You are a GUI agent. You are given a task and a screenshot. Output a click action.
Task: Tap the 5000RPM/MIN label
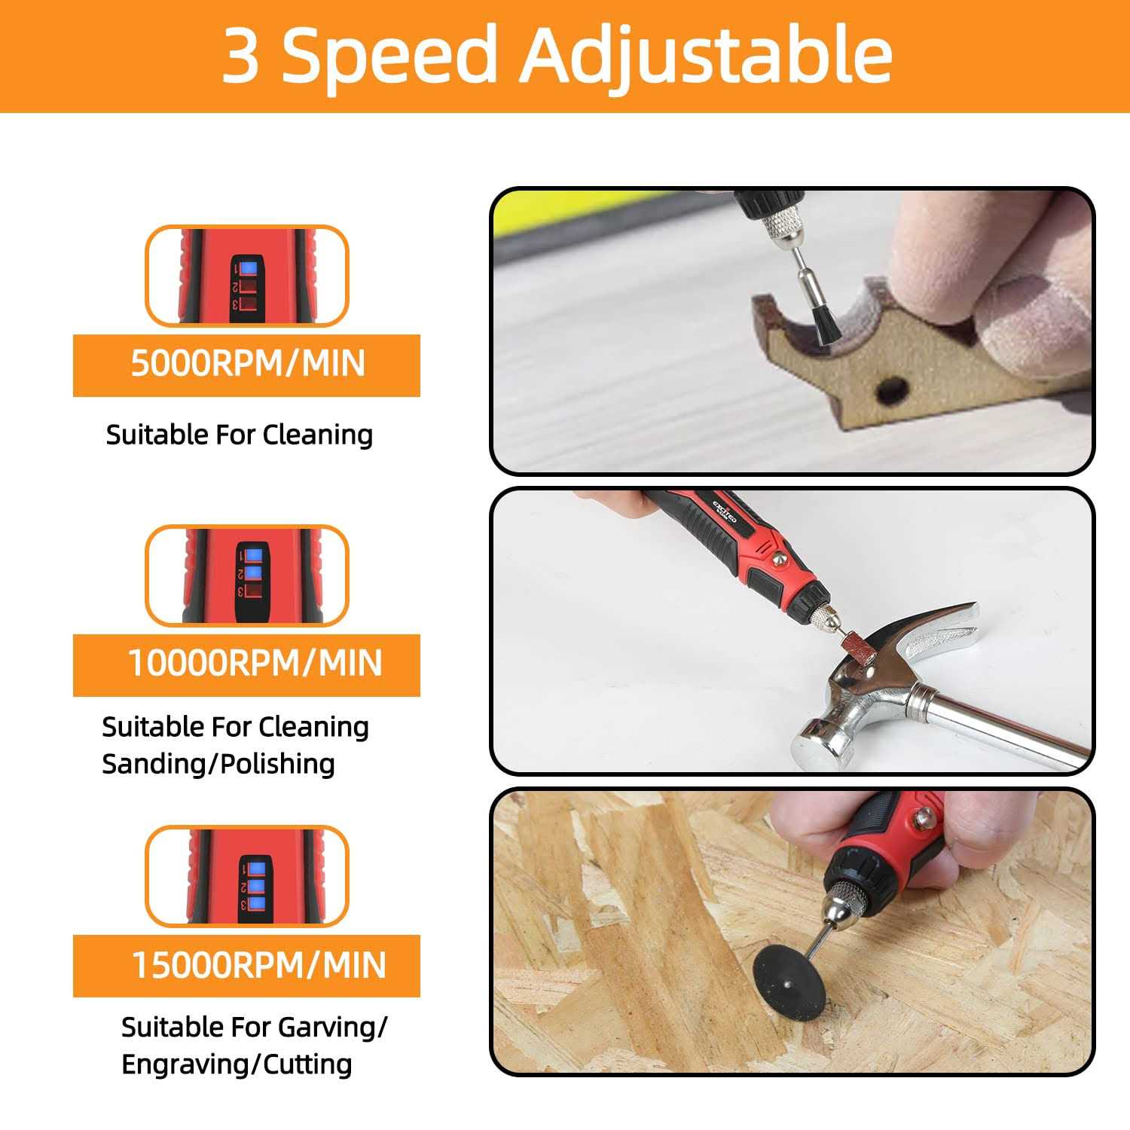click(x=247, y=364)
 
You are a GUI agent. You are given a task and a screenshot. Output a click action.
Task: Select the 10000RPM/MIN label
click(x=255, y=664)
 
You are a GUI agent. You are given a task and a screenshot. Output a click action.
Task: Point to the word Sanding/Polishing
click(x=218, y=764)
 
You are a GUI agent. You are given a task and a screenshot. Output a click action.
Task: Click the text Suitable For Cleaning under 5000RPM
click(x=239, y=435)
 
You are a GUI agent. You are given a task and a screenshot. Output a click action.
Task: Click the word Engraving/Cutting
click(x=237, y=1064)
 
